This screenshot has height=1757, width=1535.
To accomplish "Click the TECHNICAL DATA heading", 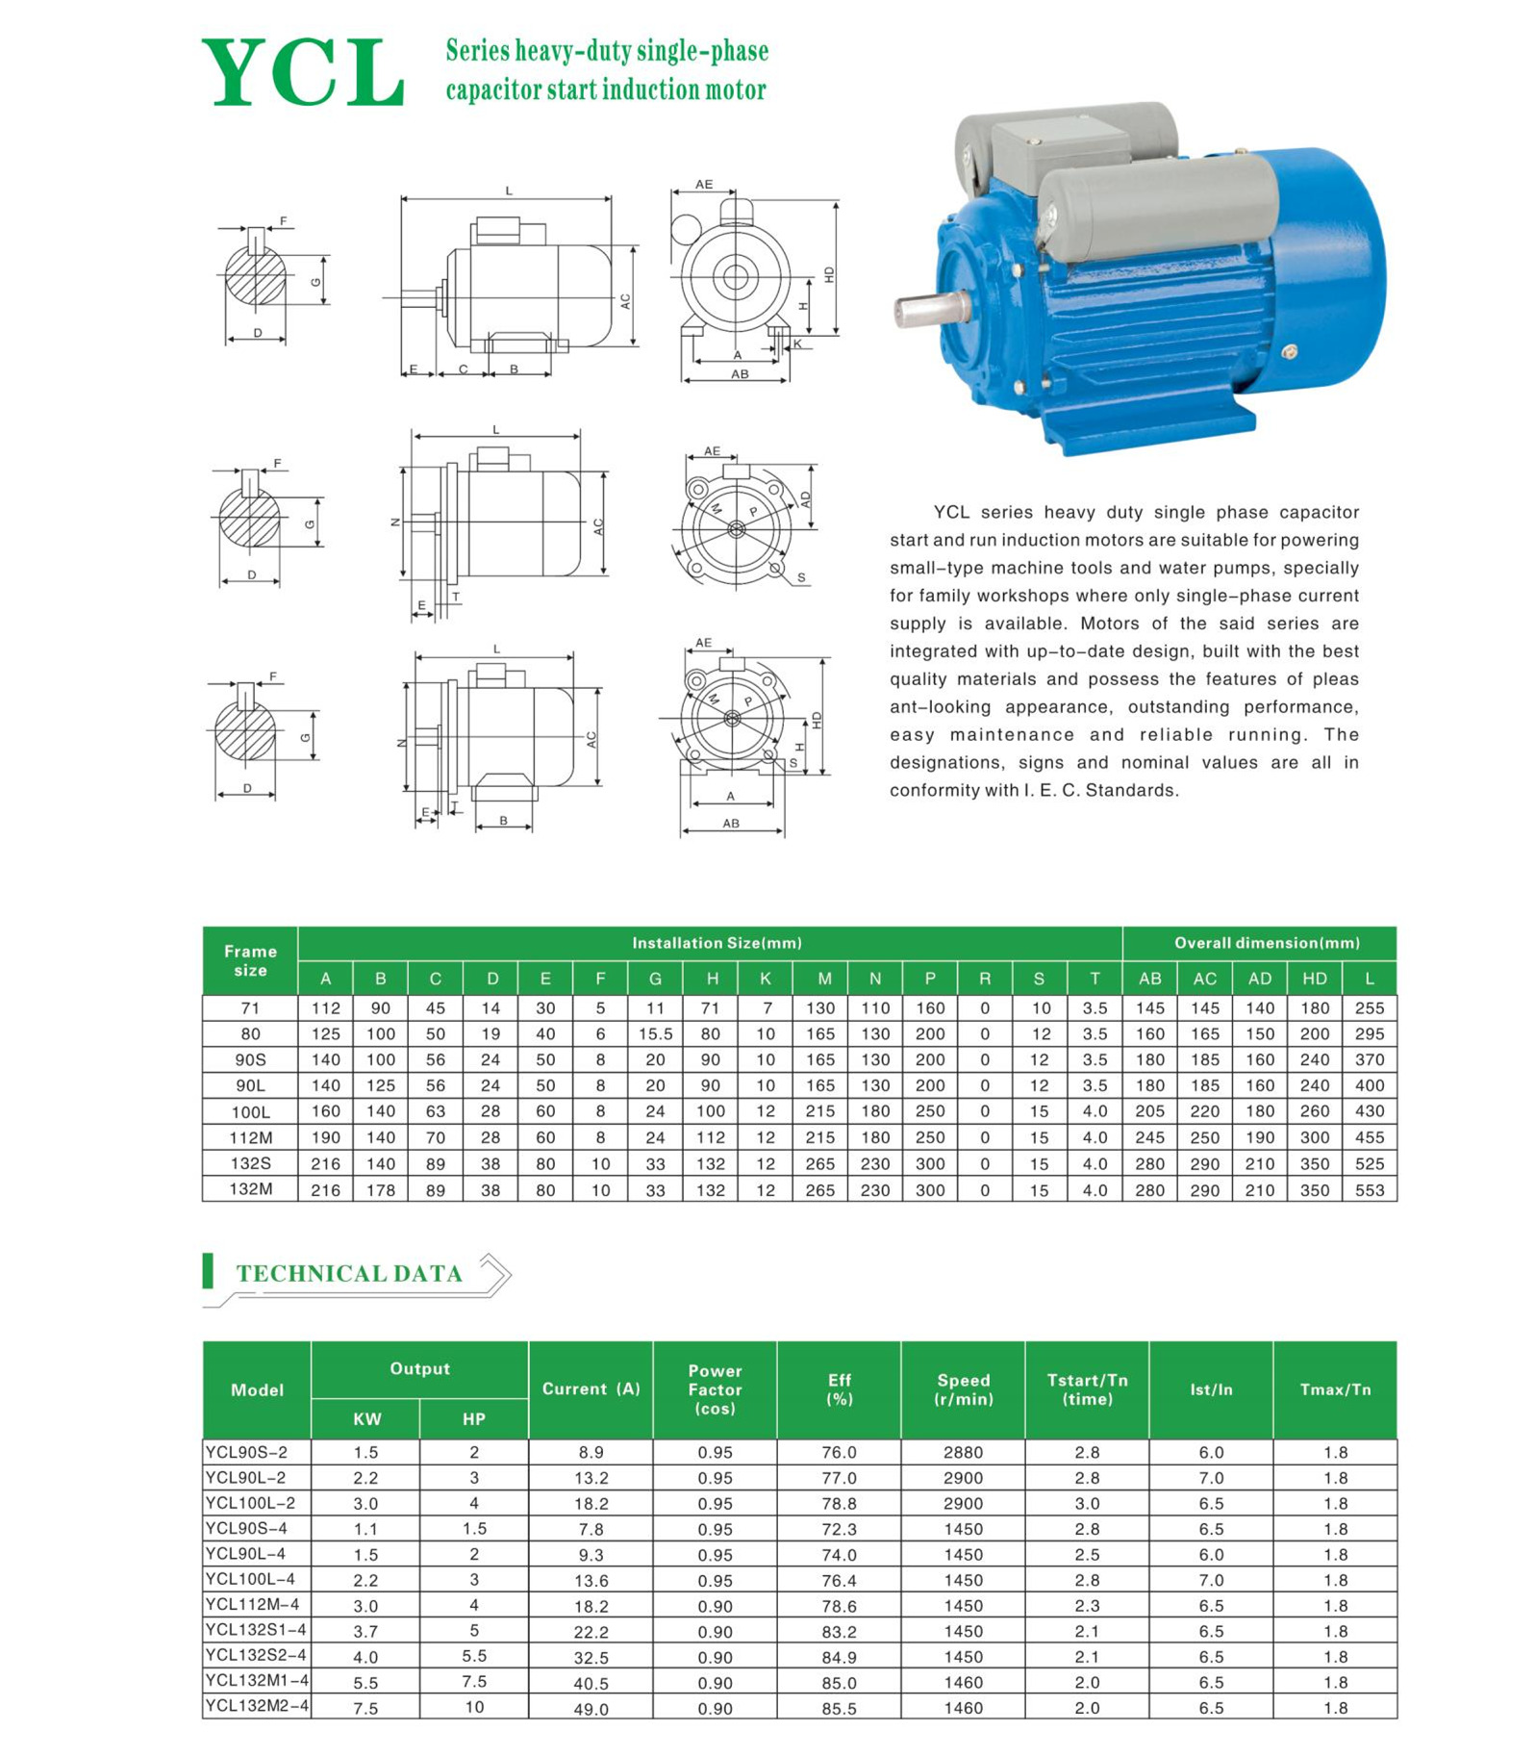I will [x=349, y=1273].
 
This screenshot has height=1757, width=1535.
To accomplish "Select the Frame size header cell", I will [x=250, y=960].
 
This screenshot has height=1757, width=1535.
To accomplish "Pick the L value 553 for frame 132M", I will [x=1369, y=1189].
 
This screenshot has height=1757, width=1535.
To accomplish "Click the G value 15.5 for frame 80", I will [x=655, y=1033].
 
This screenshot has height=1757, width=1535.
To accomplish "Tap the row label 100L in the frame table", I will [x=250, y=1111].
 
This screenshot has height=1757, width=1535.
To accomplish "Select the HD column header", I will [x=1314, y=979].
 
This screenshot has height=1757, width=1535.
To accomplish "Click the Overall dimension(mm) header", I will [x=1267, y=943].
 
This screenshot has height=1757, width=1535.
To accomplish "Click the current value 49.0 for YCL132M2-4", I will [x=591, y=1708].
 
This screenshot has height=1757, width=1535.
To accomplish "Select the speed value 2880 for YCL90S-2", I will [x=963, y=1452].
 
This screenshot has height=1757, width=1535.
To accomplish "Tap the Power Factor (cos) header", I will [x=715, y=1388].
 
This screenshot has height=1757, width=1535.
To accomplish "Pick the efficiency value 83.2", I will [x=839, y=1631].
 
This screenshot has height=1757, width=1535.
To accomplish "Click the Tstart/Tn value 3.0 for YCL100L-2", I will [x=1087, y=1503].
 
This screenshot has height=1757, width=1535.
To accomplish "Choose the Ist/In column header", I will [x=1211, y=1388].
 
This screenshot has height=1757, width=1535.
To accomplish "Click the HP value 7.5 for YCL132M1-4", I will [x=474, y=1681].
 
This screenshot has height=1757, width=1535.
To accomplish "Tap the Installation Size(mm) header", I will [x=717, y=943].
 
